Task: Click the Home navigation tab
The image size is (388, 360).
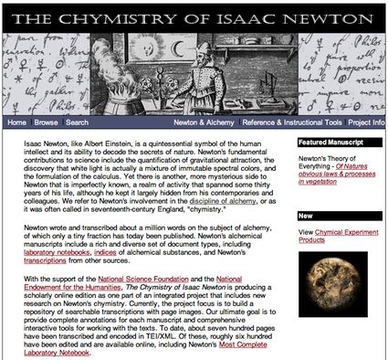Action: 16,122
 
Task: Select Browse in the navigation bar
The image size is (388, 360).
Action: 47,122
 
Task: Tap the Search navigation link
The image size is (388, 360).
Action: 78,122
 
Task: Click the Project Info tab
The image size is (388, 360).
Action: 367,122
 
